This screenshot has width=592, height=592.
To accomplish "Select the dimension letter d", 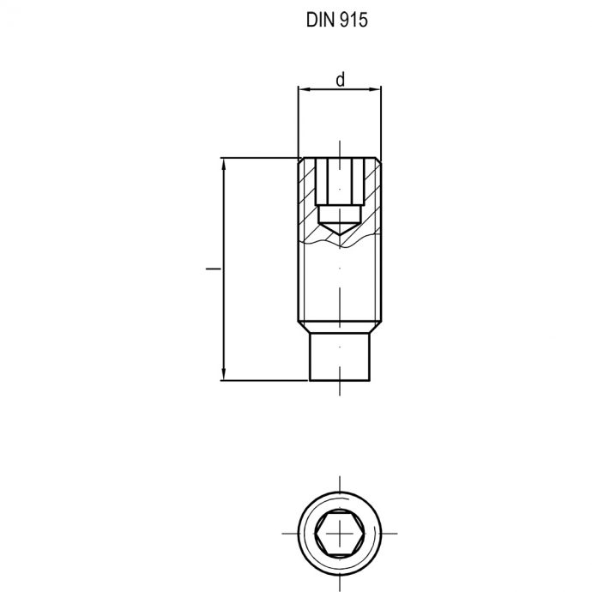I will [340, 80].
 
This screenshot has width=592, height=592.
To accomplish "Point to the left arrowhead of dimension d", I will [303, 88].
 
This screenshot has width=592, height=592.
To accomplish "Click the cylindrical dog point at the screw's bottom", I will [340, 357].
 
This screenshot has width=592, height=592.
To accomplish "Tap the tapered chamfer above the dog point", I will [340, 327].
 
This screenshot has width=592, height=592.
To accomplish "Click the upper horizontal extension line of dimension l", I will [257, 159].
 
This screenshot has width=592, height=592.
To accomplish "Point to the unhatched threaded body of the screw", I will [340, 283].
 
